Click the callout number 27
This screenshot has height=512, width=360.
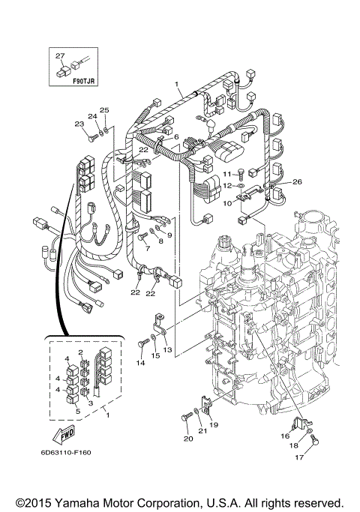(60, 55)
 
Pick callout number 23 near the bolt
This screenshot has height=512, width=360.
(79, 124)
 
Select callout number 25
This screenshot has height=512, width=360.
(105, 110)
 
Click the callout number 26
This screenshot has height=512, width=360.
(297, 181)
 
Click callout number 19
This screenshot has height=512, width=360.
(214, 425)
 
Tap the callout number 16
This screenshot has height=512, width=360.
(286, 435)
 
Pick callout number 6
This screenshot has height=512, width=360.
(176, 137)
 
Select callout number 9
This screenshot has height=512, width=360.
(169, 235)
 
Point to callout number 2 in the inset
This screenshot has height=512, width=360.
(80, 352)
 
